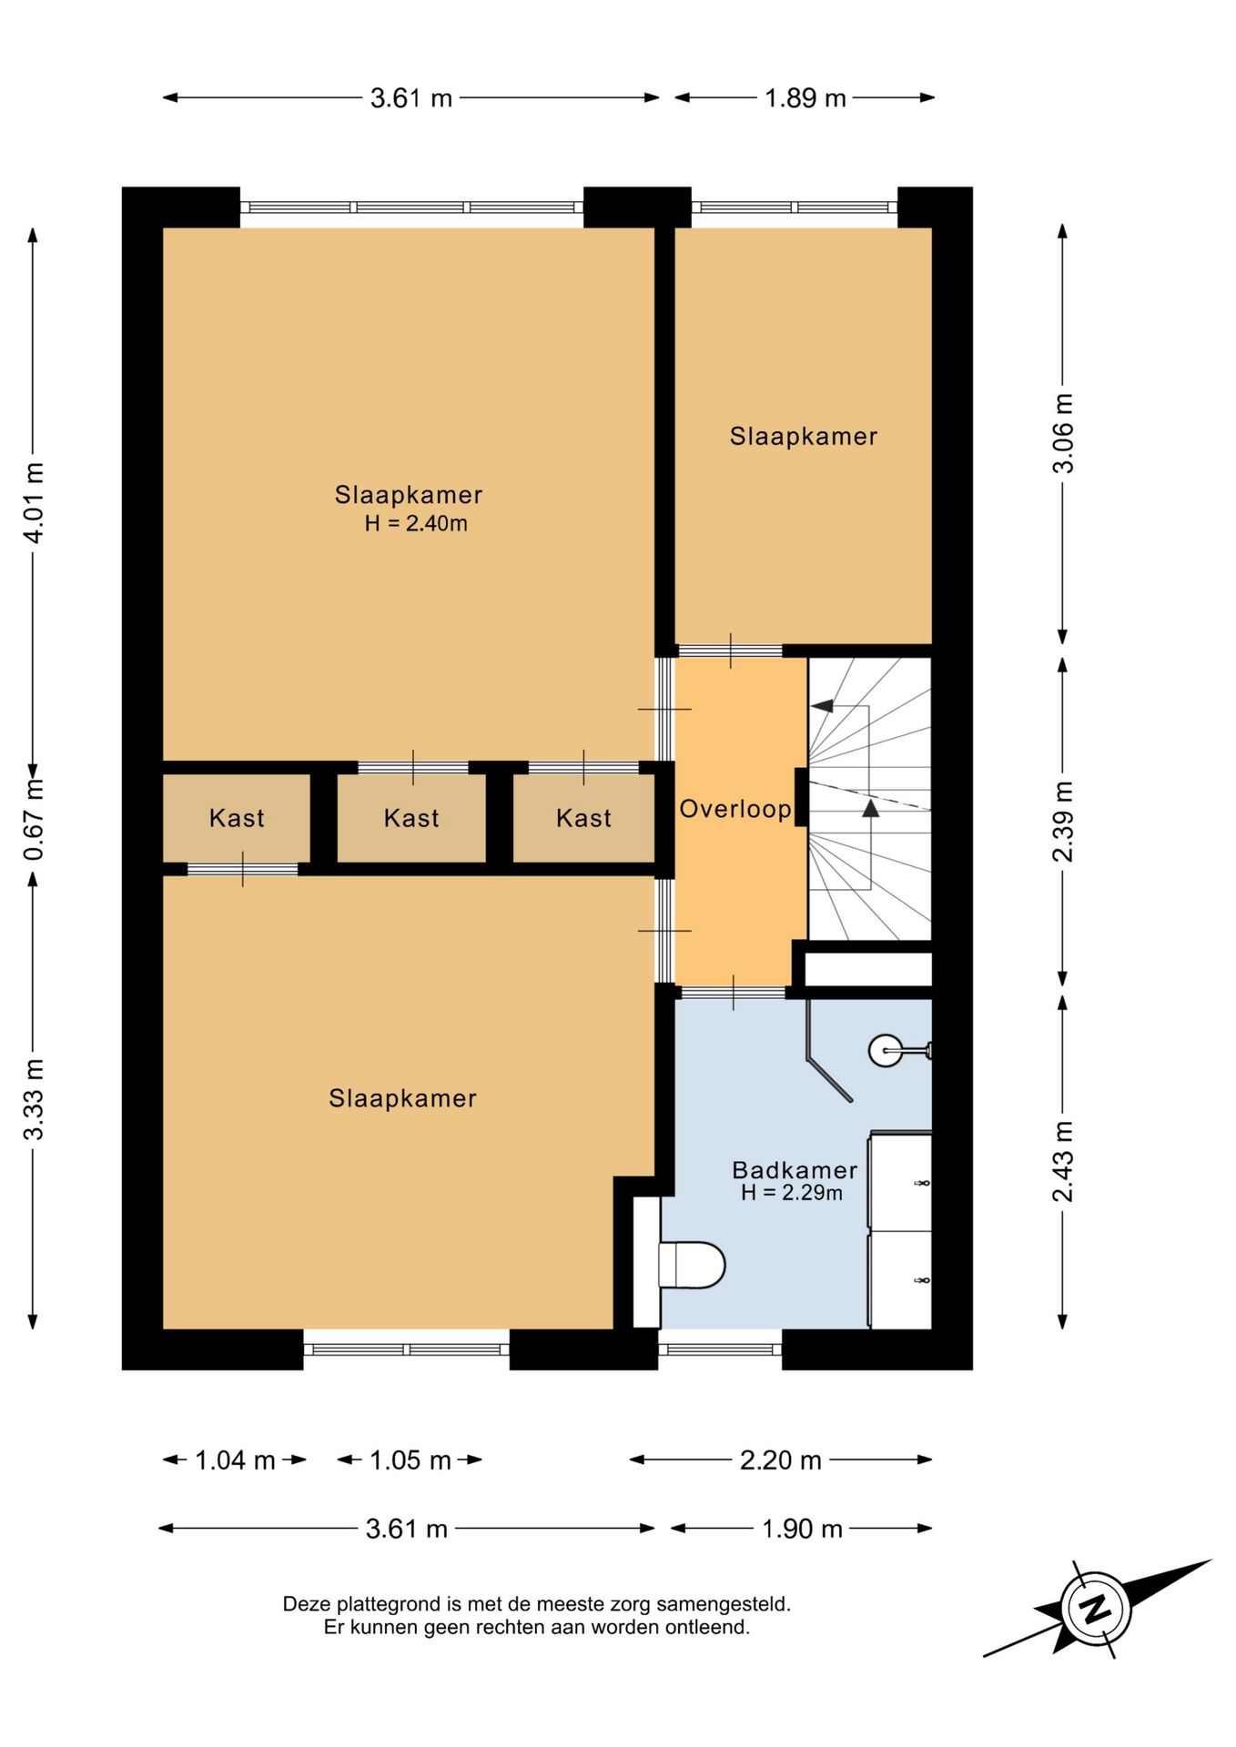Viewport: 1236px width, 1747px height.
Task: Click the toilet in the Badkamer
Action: coord(691,1265)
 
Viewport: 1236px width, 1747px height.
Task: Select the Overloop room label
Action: coord(735,808)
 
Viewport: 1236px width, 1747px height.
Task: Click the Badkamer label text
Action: coord(795,1169)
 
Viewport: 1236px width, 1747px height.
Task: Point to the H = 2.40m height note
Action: coord(416,523)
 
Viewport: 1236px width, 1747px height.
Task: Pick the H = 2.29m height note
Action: coord(792,1193)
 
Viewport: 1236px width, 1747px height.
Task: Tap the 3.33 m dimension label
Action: coord(34,1099)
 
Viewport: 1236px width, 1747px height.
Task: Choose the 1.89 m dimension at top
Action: coord(805,98)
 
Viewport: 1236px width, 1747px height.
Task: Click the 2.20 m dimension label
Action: coord(781,1460)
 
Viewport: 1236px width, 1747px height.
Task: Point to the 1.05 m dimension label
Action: coord(410,1460)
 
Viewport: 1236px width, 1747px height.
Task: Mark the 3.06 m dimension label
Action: coord(1063,433)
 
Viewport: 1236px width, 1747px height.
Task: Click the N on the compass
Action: coord(1096,1608)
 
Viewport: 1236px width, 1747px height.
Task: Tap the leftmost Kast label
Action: coord(237,818)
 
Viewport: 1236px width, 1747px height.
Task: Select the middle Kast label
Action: coord(411,818)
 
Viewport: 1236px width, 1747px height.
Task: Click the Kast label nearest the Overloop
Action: coord(583,818)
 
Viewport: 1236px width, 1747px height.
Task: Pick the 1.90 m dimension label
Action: coord(803,1529)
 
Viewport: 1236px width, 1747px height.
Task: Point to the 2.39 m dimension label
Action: coord(1063,822)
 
